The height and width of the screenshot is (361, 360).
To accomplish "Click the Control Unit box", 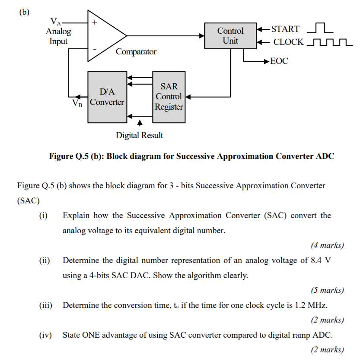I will (x=230, y=36).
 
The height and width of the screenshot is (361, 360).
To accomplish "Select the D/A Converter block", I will (x=107, y=97).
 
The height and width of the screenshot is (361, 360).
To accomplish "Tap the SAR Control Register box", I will (x=169, y=97).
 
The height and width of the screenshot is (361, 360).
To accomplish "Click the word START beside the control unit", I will (x=285, y=29).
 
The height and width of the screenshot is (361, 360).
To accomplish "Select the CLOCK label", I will (x=288, y=42).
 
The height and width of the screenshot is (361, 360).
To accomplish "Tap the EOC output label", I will (x=279, y=61).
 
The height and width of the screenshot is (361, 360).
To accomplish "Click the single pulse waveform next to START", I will (x=319, y=28).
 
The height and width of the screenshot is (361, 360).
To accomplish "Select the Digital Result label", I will (x=139, y=135).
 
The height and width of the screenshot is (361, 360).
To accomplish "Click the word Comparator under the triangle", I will (x=136, y=52).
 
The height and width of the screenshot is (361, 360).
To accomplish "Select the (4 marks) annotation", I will (x=327, y=245).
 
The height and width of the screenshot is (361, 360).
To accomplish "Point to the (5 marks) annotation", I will (x=327, y=290).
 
